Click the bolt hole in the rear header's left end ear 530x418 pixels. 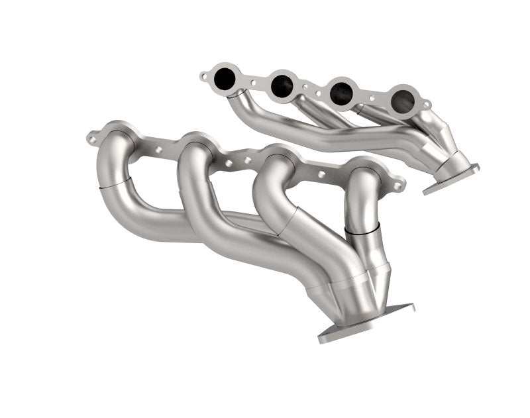pyautogui.click(x=203, y=76)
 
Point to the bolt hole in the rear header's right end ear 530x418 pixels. pyautogui.click(x=425, y=105)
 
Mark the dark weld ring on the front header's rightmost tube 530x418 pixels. pyautogui.click(x=362, y=229)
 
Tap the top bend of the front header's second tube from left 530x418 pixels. pyautogui.click(x=195, y=150)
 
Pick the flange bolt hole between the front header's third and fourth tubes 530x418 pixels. pyautogui.click(x=322, y=174)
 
